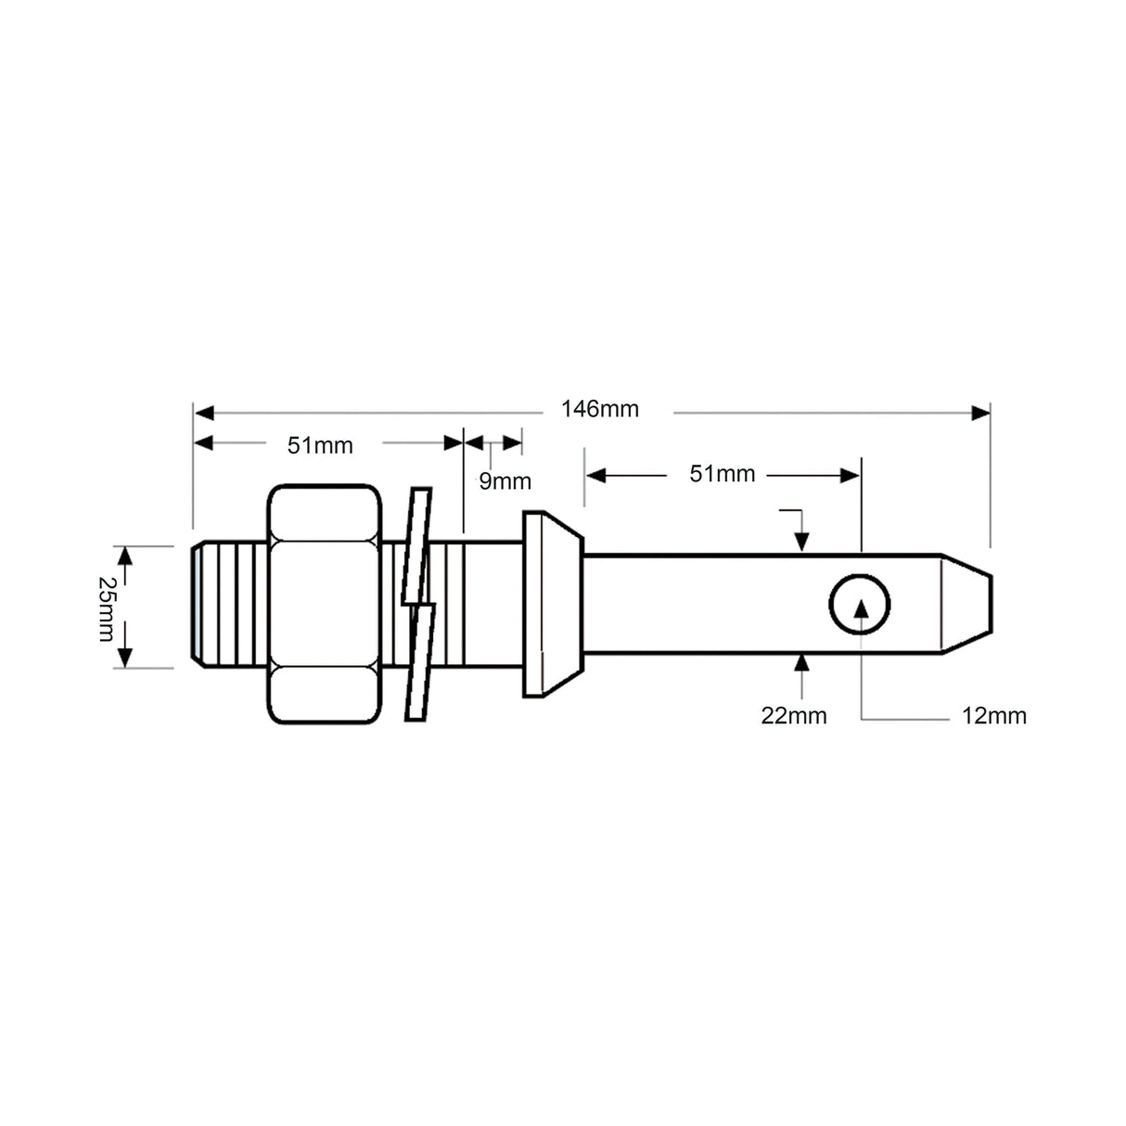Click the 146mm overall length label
coord(599,409)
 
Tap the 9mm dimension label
coord(505,480)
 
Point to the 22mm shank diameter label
coord(794,715)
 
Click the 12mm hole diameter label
coord(993,715)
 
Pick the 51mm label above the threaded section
coord(320,445)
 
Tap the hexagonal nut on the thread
coord(324,604)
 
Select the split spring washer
coord(419,604)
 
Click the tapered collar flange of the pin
coord(553,604)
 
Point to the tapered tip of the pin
coord(966,604)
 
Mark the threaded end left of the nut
coord(227,605)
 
